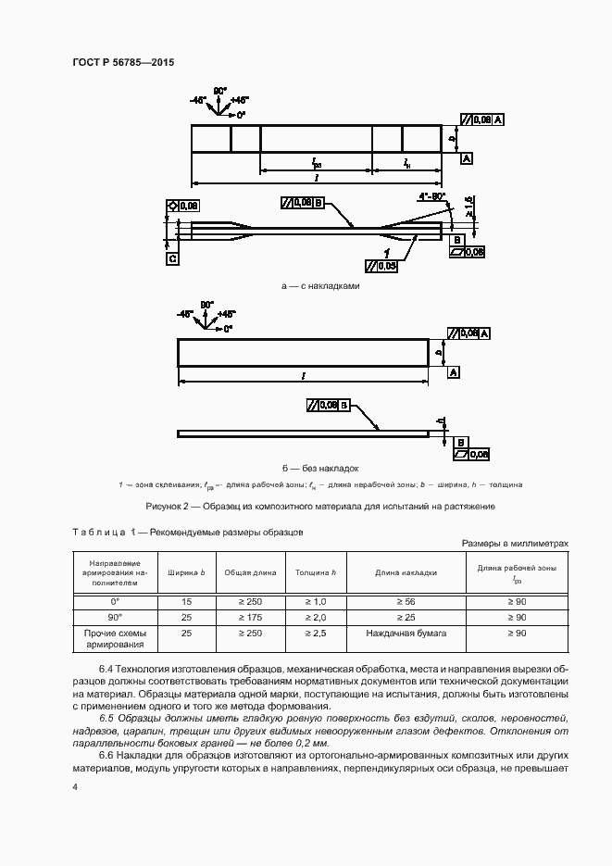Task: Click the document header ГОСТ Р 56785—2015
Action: [x=123, y=63]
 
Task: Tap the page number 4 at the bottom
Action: [x=75, y=786]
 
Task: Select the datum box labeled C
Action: [x=172, y=259]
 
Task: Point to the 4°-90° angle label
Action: [x=431, y=196]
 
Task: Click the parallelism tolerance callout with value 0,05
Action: [x=381, y=267]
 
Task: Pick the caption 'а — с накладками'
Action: [x=320, y=286]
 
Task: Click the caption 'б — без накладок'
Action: [x=320, y=469]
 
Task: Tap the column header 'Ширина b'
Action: [x=186, y=573]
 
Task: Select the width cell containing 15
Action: [x=186, y=601]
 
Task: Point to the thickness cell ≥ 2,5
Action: [x=316, y=633]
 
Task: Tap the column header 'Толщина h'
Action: [x=316, y=573]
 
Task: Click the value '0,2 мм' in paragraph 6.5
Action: [x=315, y=743]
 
